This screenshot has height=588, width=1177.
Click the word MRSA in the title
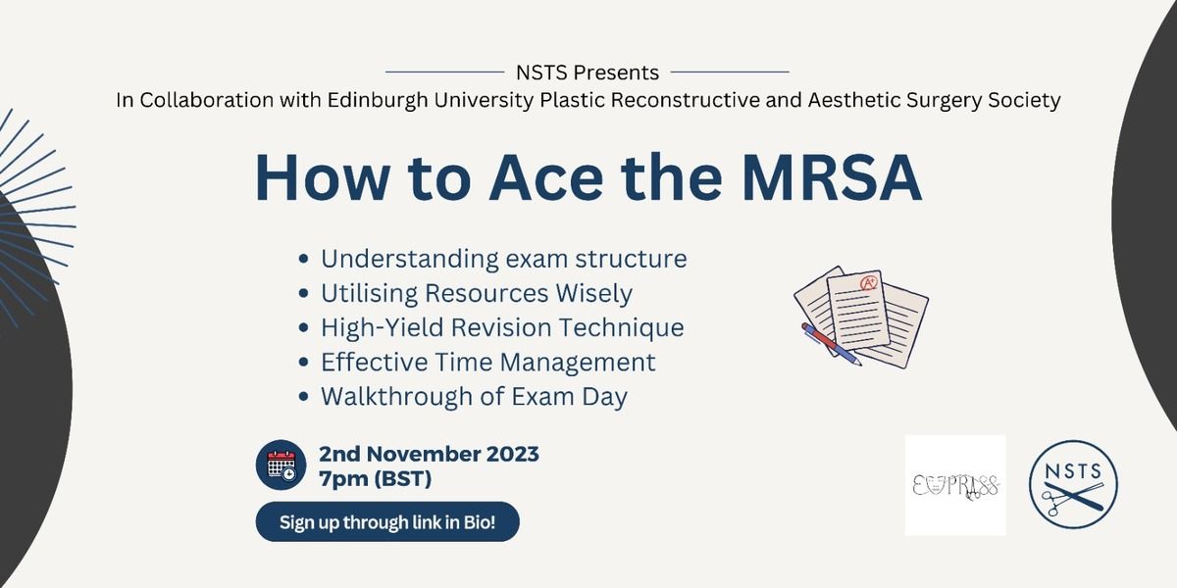pyautogui.click(x=833, y=177)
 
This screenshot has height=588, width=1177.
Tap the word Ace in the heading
pyautogui.click(x=546, y=177)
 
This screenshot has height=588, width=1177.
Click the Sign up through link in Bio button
pyautogui.click(x=387, y=521)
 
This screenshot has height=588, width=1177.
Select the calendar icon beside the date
pyautogui.click(x=281, y=465)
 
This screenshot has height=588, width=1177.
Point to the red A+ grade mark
pyautogui.click(x=868, y=283)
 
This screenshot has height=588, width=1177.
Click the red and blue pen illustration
pyautogui.click(x=832, y=344)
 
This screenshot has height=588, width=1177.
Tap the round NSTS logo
pyautogui.click(x=1073, y=484)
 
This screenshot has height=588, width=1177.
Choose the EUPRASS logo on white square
pyautogui.click(x=955, y=485)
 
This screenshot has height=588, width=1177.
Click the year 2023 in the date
pyautogui.click(x=512, y=454)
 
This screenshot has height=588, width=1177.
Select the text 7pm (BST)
pyautogui.click(x=375, y=479)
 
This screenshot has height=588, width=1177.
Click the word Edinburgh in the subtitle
pyautogui.click(x=378, y=100)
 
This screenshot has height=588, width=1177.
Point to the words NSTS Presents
pyautogui.click(x=588, y=73)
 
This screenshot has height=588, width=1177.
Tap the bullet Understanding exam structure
pyautogui.click(x=492, y=259)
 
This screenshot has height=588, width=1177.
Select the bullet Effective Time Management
pyautogui.click(x=477, y=363)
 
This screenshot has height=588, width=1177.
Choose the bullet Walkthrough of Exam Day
pyautogui.click(x=463, y=397)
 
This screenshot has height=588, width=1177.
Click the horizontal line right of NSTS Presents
pyautogui.click(x=730, y=72)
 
